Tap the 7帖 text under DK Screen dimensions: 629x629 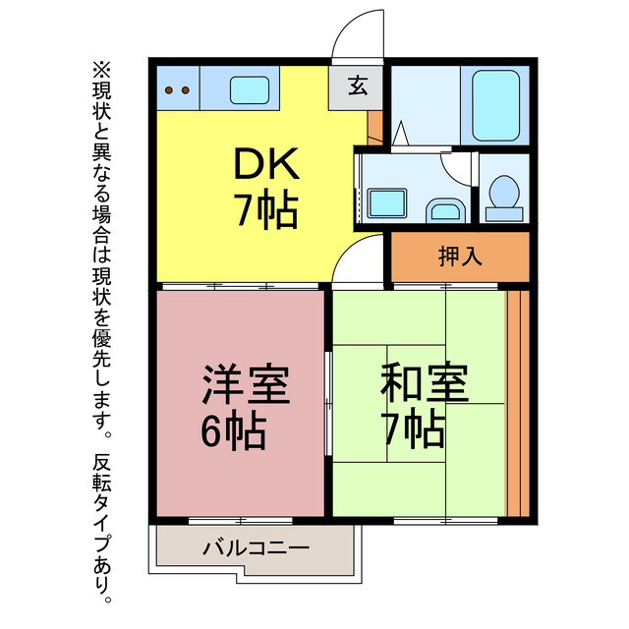pos(264,210)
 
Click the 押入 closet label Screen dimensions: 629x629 pos(459,257)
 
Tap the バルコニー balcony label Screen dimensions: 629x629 pos(257,547)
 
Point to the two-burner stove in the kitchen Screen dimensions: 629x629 pos(177,90)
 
